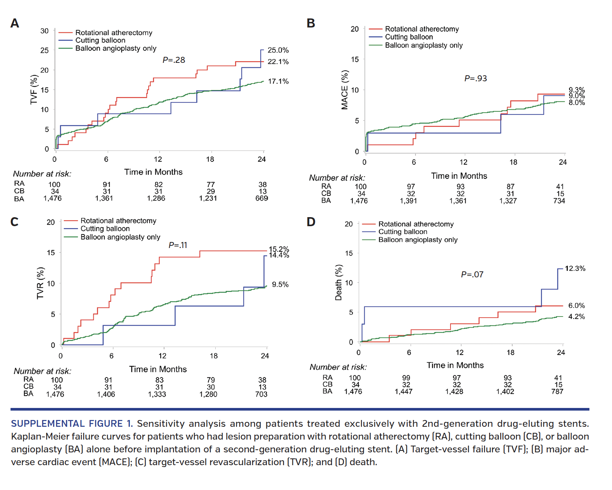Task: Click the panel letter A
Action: coord(15,23)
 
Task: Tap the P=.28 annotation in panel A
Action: coord(174,60)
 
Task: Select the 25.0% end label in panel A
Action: coord(278,50)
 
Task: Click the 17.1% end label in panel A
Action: coord(278,81)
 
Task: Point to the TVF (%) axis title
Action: coord(34,90)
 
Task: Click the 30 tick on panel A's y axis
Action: coord(44,31)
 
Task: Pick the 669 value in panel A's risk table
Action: coord(262,198)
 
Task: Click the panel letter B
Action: coord(311,23)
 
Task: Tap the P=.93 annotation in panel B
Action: coord(476,78)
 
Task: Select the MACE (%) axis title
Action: coord(344,90)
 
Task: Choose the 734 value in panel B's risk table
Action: coord(559,201)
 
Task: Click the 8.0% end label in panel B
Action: coord(577,103)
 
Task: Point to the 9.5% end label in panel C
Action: coord(280,285)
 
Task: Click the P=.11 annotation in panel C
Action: coord(178,245)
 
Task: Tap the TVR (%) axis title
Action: coord(40,283)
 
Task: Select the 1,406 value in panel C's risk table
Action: coord(106,394)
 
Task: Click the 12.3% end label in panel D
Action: coord(575,268)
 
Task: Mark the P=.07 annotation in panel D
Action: coord(472,274)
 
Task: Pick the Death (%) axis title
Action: coord(338,282)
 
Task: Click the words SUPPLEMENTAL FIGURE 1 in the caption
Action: coord(72,424)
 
